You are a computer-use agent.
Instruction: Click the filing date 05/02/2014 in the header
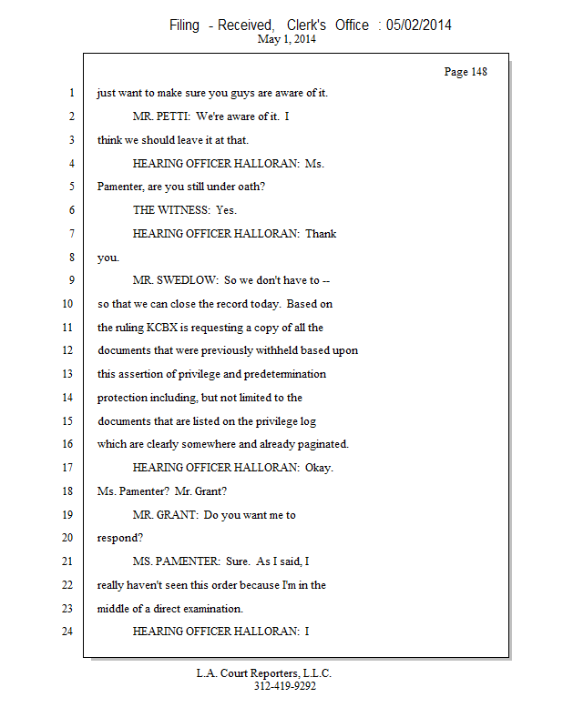[419, 25]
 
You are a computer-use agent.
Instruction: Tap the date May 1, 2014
[287, 39]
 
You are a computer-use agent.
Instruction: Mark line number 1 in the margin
[69, 93]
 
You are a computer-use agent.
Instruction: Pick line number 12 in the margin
[67, 350]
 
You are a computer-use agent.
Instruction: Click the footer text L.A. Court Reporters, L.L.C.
[264, 673]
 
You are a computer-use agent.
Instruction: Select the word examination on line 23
[205, 609]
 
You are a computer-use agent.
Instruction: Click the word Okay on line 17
[320, 468]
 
